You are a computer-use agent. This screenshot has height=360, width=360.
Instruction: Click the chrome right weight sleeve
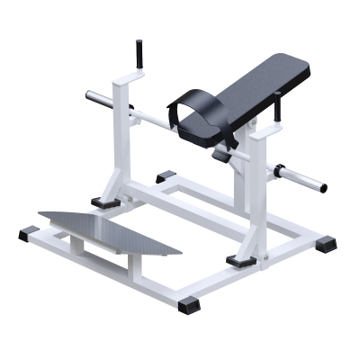(298, 178)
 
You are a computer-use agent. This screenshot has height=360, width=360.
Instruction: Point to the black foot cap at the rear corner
(167, 176)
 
